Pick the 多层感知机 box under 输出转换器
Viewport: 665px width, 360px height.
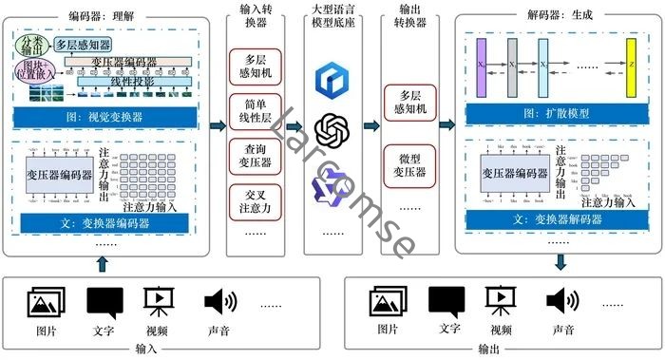(x=410, y=103)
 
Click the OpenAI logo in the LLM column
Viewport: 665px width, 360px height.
(x=333, y=129)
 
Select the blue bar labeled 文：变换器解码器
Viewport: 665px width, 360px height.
(x=558, y=219)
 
